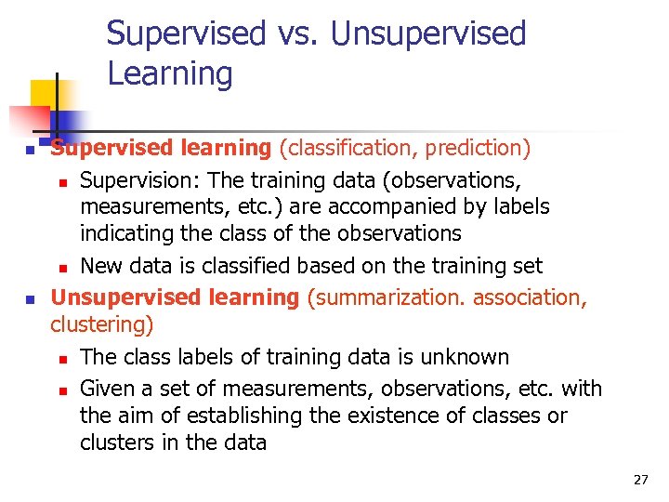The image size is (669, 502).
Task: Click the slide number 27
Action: pyautogui.click(x=640, y=480)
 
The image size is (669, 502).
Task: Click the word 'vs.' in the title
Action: pyautogui.click(x=295, y=33)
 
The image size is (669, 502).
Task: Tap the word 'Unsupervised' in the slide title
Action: pyautogui.click(x=428, y=33)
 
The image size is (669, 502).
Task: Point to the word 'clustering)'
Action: pyautogui.click(x=102, y=325)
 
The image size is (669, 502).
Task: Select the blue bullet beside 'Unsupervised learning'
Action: pyautogui.click(x=30, y=299)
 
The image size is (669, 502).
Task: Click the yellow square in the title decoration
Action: pyautogui.click(x=44, y=93)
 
